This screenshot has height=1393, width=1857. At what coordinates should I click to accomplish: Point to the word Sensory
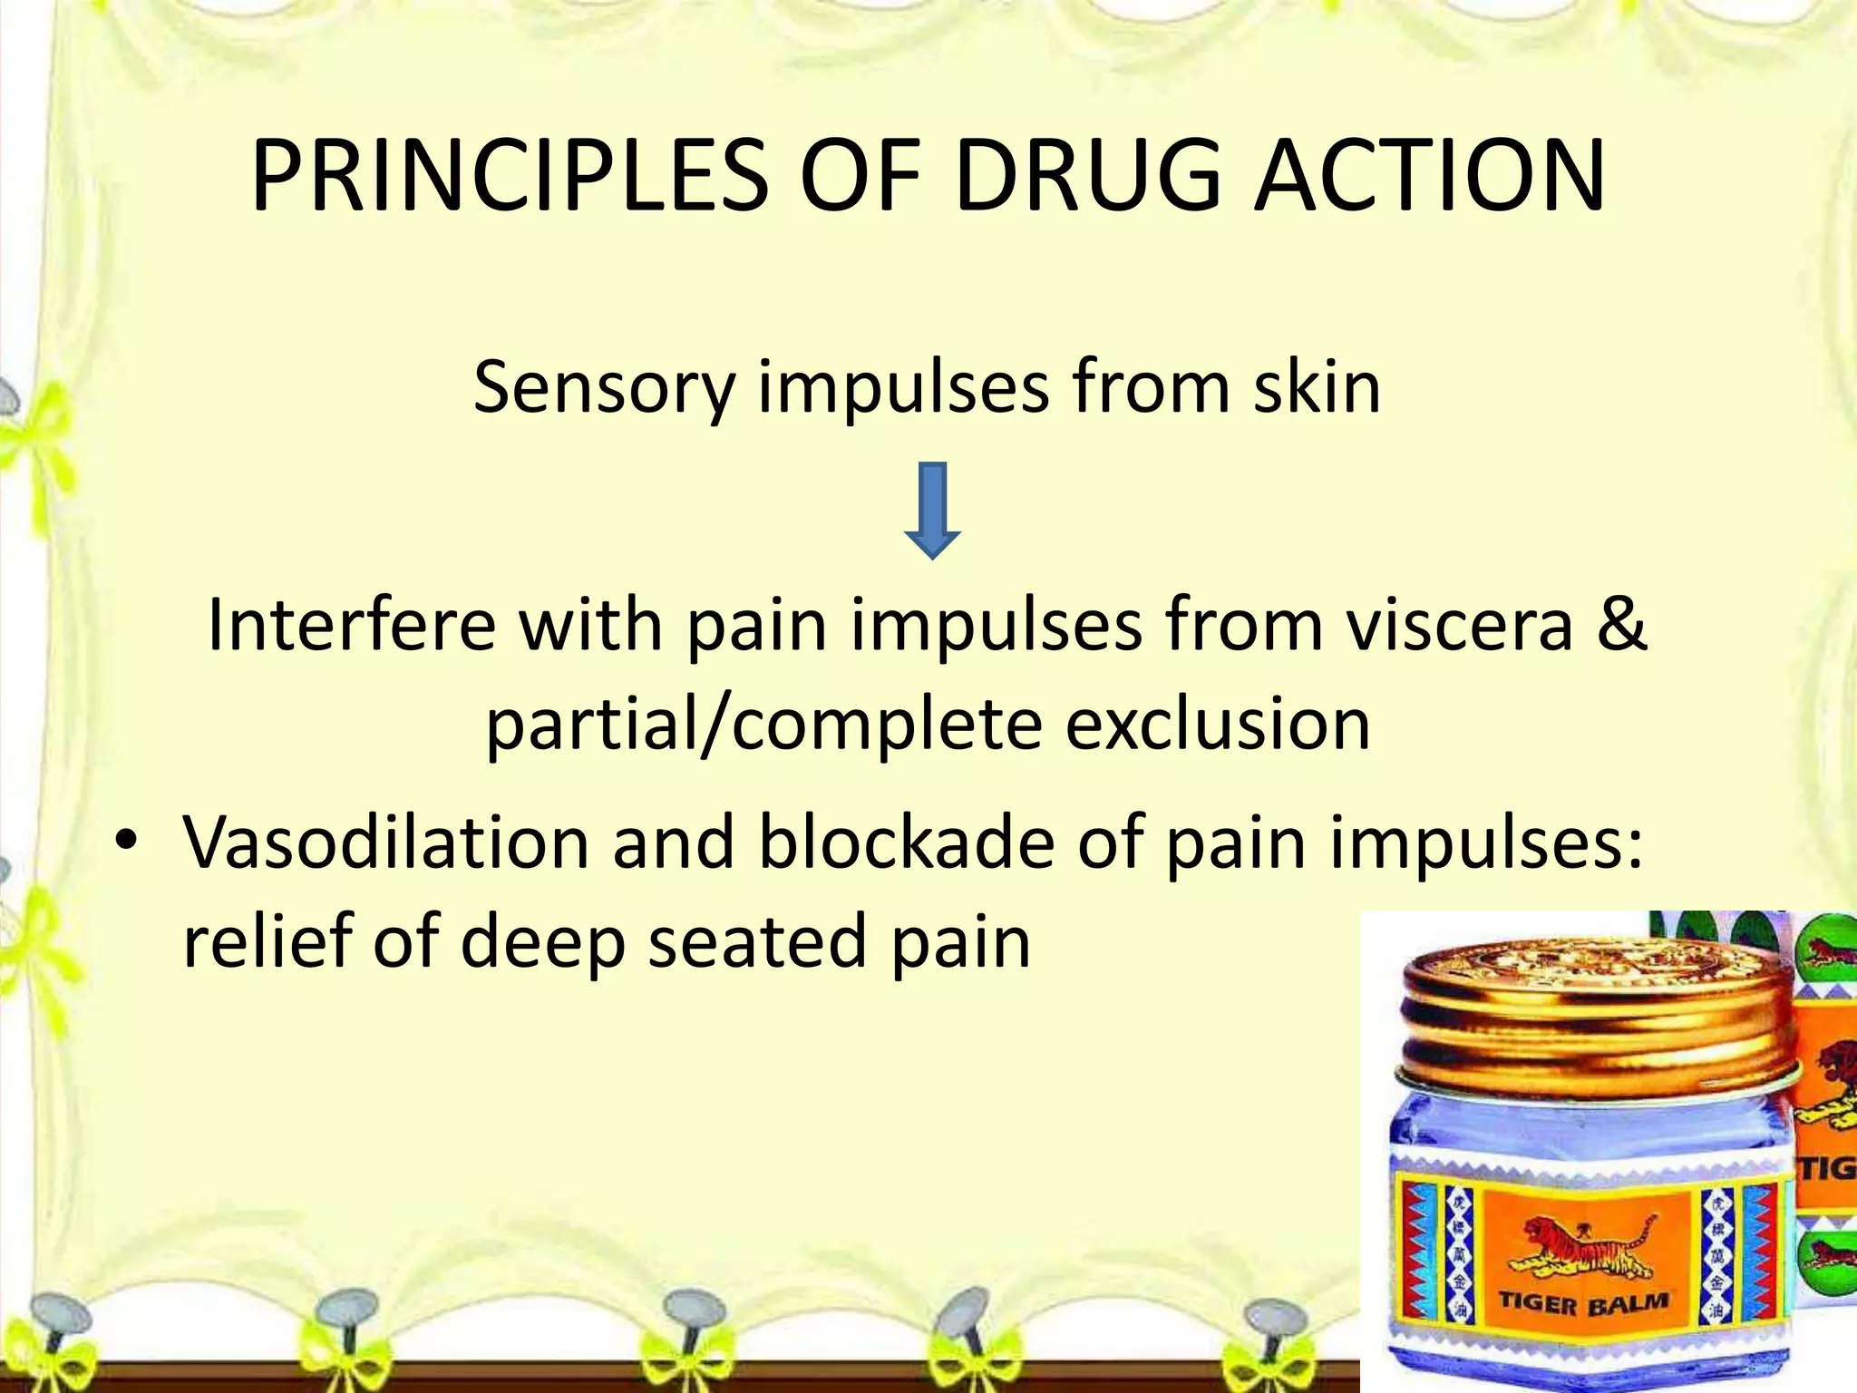604,388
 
